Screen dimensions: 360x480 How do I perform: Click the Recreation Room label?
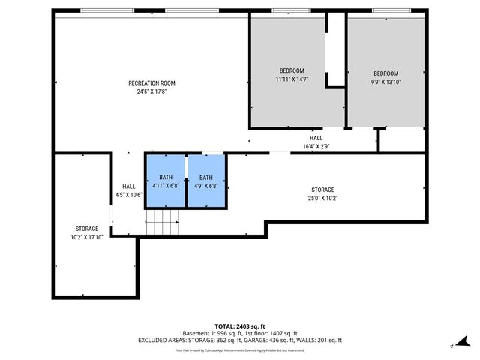point(151,82)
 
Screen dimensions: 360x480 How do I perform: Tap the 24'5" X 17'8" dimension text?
point(151,92)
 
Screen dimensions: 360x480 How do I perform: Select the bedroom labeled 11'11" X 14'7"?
point(292,74)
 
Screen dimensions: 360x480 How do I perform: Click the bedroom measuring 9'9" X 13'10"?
point(385,77)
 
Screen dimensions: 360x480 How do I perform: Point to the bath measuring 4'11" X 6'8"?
point(165,181)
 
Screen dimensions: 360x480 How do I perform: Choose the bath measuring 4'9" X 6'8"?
point(205,181)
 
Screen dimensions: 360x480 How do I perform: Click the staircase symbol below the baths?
point(163,222)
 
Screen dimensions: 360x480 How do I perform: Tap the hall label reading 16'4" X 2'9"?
point(316,142)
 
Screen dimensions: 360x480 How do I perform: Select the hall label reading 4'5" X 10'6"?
point(129,190)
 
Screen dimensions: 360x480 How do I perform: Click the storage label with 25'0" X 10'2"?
point(322,194)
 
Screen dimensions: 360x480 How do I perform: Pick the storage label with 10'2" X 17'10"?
point(87,232)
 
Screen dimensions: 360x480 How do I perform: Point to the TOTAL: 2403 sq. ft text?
point(240,326)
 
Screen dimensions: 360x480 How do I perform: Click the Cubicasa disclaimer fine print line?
point(240,349)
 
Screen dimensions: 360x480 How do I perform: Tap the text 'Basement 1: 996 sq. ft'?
point(211,333)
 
